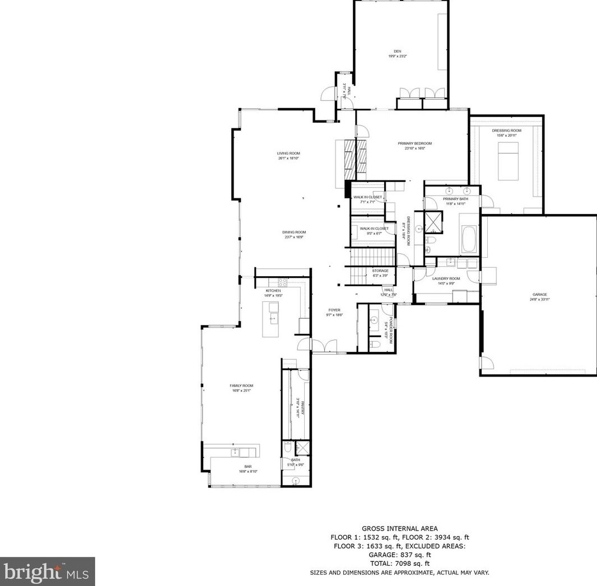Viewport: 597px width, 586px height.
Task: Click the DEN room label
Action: (x=397, y=51)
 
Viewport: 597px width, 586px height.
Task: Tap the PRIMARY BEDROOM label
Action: (x=415, y=143)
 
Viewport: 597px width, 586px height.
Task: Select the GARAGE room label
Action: (x=540, y=295)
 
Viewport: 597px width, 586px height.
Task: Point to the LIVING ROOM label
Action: (x=288, y=154)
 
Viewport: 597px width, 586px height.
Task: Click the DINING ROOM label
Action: (x=293, y=232)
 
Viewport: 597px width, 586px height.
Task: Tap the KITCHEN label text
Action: (x=273, y=291)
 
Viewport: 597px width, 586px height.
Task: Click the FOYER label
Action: (x=334, y=310)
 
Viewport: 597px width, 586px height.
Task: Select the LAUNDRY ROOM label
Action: (x=446, y=278)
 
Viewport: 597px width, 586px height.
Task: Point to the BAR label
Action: (x=247, y=466)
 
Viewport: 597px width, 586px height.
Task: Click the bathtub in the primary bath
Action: (x=469, y=240)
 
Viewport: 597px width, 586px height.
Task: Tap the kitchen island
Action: (x=273, y=319)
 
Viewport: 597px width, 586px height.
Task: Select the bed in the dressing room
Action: (x=508, y=161)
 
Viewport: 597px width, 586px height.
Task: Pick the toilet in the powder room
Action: (x=376, y=343)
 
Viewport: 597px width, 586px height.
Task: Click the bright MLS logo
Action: (x=47, y=571)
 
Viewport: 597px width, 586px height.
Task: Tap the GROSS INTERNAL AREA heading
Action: (x=400, y=528)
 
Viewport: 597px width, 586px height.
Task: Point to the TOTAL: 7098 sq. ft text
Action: (x=400, y=564)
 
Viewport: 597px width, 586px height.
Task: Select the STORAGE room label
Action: (x=380, y=271)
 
